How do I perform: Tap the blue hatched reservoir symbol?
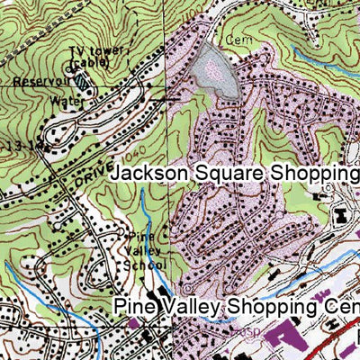pyautogui.click(x=83, y=80)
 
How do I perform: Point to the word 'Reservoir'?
pyautogui.click(x=37, y=82)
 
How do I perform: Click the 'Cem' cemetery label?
pyautogui.click(x=237, y=40)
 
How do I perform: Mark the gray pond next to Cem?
pyautogui.click(x=213, y=70)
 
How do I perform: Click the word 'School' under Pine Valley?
pyautogui.click(x=144, y=265)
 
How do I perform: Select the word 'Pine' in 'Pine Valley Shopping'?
pyautogui.click(x=133, y=308)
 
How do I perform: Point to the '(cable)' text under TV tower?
pyautogui.click(x=93, y=64)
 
